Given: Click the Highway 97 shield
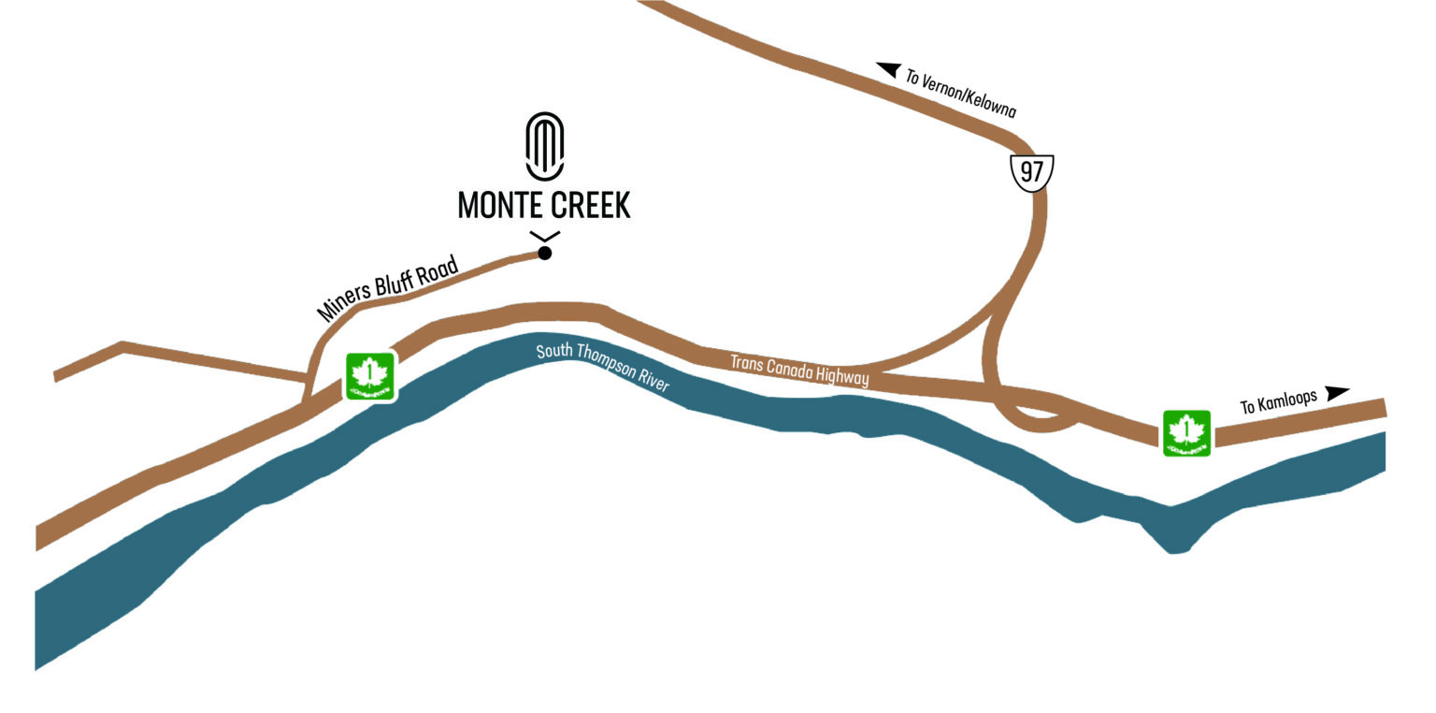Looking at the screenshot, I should (x=1032, y=173).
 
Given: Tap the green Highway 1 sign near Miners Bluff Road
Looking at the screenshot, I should (x=370, y=376).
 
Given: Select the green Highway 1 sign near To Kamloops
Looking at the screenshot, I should (x=1186, y=433).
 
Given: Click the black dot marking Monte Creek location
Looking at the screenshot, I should (x=545, y=253).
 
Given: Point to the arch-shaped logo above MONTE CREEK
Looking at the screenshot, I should (x=544, y=146).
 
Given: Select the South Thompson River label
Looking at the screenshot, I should (x=602, y=366).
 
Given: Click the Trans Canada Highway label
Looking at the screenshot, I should (x=798, y=369).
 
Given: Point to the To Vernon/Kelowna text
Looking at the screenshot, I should (x=960, y=92).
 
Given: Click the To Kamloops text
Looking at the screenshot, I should (x=1278, y=401).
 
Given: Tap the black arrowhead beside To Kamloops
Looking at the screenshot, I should (x=1338, y=392).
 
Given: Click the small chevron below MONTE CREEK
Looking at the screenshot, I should (x=544, y=236).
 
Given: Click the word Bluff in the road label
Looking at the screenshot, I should (x=396, y=284).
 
